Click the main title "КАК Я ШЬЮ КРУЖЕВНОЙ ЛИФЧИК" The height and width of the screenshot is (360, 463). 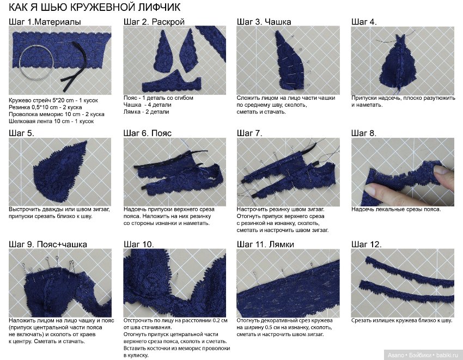click(x=94, y=7)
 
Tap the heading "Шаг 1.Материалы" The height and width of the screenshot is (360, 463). click(x=45, y=22)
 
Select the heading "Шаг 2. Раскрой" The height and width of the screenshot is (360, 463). click(x=154, y=22)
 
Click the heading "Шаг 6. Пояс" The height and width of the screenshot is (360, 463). click(x=148, y=133)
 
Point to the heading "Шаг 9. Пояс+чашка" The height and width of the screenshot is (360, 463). click(x=48, y=245)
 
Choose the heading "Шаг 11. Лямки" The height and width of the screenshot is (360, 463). click(x=265, y=245)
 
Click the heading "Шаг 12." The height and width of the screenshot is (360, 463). click(x=366, y=245)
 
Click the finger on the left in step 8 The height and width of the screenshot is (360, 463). click(x=380, y=190)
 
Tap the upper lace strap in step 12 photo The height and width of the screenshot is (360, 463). click(x=410, y=272)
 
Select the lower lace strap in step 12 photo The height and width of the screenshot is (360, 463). click(x=406, y=292)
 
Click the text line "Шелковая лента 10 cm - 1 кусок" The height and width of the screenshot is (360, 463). click(x=51, y=121)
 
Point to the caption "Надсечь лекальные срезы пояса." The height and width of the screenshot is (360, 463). click(x=396, y=209)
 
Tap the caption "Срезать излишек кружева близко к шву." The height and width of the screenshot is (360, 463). click(x=401, y=321)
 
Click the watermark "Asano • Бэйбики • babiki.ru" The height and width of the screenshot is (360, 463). click(x=423, y=355)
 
